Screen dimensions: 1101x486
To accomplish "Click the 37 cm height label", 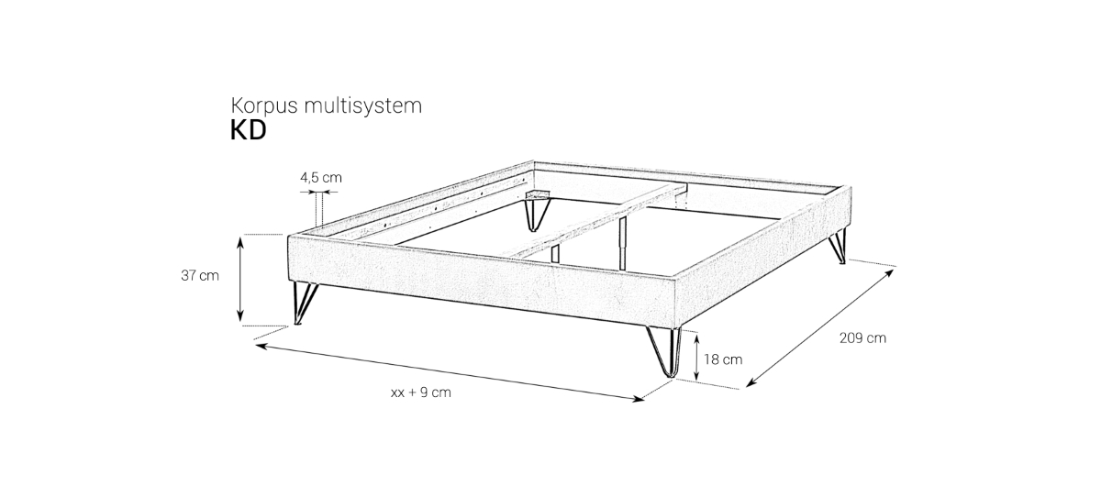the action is click(200, 276).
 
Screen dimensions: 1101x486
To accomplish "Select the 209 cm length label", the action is click(862, 338).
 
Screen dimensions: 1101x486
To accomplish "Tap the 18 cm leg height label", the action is click(723, 359).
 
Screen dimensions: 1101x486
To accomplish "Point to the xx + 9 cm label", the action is click(421, 392).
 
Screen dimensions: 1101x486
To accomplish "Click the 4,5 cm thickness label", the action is click(321, 177).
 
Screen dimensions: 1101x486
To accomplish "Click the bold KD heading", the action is click(249, 131).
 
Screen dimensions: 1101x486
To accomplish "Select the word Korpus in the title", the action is click(264, 106).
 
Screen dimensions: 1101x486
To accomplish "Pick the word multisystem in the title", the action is click(362, 105).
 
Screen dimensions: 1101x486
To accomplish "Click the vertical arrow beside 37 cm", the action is click(240, 279).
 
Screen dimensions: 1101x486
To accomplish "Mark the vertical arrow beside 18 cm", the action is click(696, 357).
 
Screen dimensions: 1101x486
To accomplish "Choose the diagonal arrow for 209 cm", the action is click(820, 328).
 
